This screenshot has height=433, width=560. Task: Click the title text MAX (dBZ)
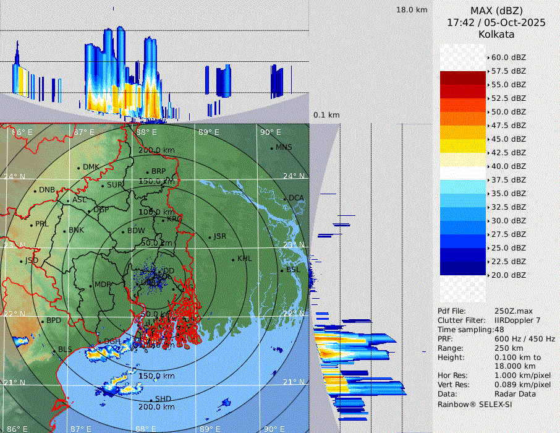coord(496,11)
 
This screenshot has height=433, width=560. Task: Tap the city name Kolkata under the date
coord(496,34)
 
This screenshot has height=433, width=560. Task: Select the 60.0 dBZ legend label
coord(508,58)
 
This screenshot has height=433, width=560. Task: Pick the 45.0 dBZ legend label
coord(508,139)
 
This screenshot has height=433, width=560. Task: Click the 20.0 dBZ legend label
coord(508,275)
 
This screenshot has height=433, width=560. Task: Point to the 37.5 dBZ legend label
coord(508,180)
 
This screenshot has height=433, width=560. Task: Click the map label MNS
coord(284,147)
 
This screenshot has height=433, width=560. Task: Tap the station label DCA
coord(296,198)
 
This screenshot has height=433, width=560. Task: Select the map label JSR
coord(219,236)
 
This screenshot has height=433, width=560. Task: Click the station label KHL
coord(244,259)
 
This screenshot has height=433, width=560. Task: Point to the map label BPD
coord(54,321)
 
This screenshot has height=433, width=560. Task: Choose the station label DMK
coord(91,167)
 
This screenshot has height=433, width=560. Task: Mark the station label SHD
coord(163,399)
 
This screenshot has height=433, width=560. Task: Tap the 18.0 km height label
coord(412,10)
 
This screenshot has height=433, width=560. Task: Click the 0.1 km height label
coord(326,115)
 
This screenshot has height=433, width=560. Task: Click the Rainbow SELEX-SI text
coord(475,405)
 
